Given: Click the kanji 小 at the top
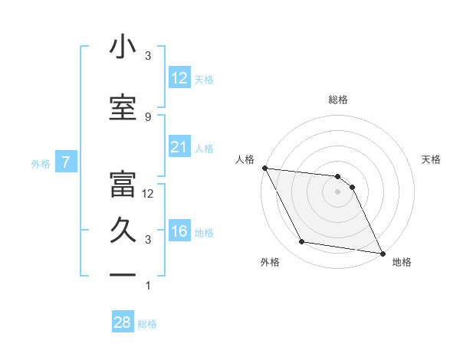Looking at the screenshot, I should [123, 47].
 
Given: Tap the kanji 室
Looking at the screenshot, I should [123, 108].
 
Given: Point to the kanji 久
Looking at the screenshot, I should [123, 231].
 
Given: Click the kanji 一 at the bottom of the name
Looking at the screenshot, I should [123, 274].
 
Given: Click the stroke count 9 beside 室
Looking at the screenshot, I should [148, 116].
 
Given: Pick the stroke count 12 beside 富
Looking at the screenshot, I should [149, 193].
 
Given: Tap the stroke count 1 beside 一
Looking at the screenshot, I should [148, 286].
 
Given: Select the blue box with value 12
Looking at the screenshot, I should [179, 77].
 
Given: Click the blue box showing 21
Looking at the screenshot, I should [179, 147].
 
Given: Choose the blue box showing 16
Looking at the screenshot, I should [179, 231].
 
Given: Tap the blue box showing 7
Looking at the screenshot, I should [67, 162].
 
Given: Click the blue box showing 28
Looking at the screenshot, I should [123, 322].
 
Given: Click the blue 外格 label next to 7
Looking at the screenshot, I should [41, 162].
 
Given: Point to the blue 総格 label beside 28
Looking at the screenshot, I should [148, 323].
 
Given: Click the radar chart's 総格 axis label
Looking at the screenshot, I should [337, 100].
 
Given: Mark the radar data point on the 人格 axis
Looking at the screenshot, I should [264, 168].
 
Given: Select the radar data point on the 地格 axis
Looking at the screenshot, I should [382, 253].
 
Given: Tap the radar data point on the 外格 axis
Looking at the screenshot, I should [302, 242].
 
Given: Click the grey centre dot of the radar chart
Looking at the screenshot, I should [337, 191].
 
